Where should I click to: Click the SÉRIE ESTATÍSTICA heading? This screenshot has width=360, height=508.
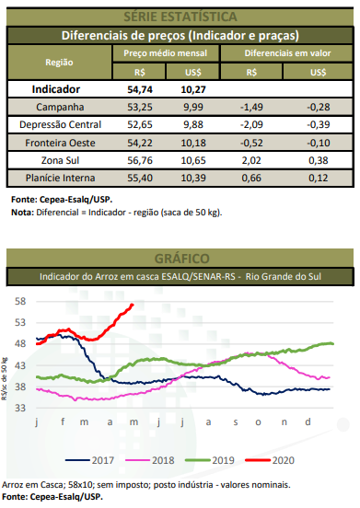point(180,17)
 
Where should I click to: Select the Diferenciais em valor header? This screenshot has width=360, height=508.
point(285,54)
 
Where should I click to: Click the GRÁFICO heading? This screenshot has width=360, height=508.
point(180,259)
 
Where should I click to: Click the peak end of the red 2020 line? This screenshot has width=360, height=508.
point(133,306)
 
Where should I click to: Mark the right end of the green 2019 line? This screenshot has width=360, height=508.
point(333,344)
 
